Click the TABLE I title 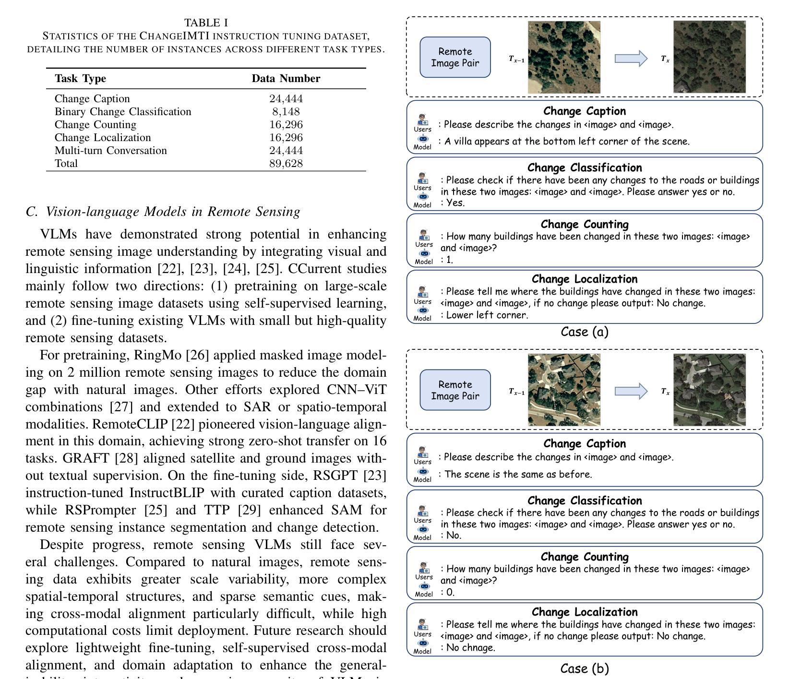click(206, 23)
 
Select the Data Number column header click(286, 79)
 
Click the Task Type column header click(80, 79)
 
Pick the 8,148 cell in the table click(286, 112)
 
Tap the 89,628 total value click(286, 164)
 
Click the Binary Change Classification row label click(123, 112)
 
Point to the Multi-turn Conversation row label click(111, 151)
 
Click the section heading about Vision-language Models click(163, 212)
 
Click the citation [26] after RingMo click(196, 356)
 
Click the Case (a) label click(584, 332)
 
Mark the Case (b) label click(584, 669)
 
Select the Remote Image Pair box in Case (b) click(455, 390)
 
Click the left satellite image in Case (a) click(564, 57)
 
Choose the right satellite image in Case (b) click(709, 390)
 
